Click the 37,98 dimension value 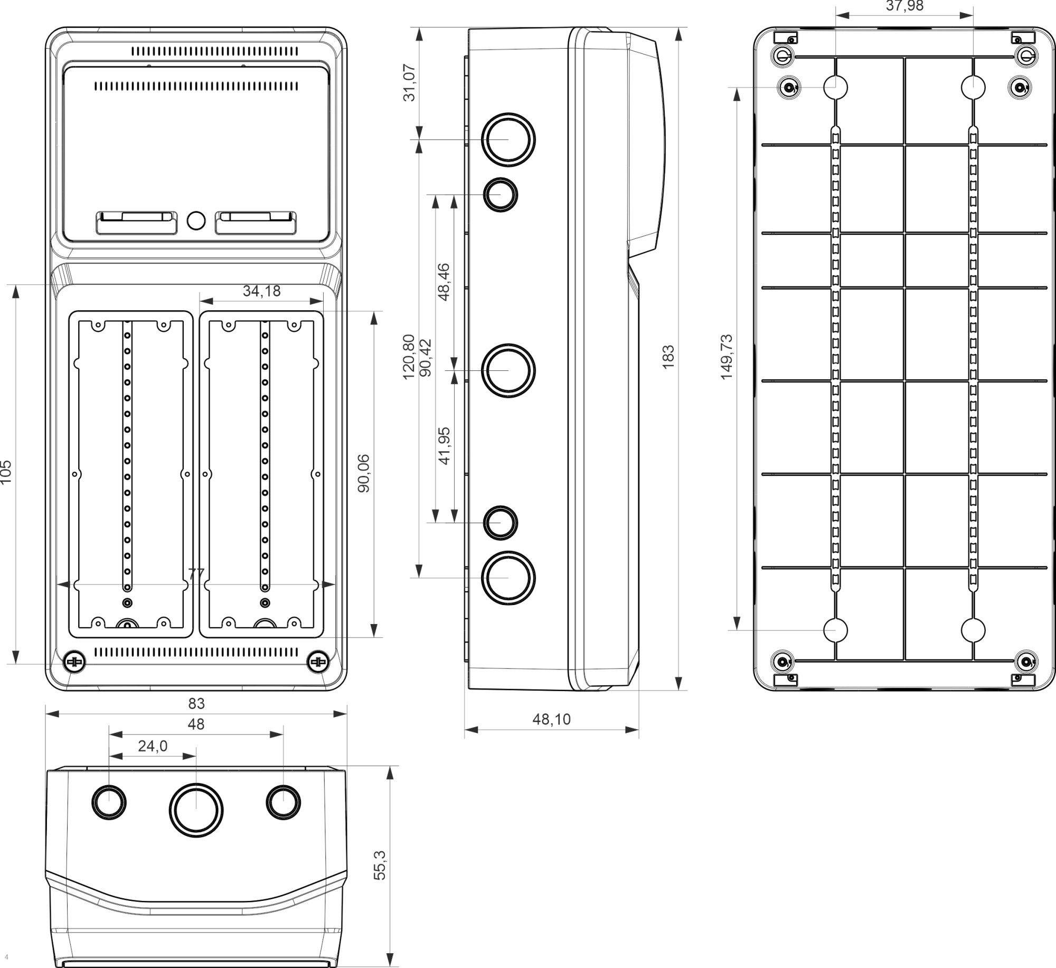pyautogui.click(x=904, y=6)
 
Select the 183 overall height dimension pyautogui.click(x=668, y=357)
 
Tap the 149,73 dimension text pyautogui.click(x=727, y=357)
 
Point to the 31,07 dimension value pyautogui.click(x=410, y=82)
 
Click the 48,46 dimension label pyautogui.click(x=444, y=282)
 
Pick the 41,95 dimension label pyautogui.click(x=444, y=446)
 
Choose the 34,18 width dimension pyautogui.click(x=261, y=291)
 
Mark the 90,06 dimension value pyautogui.click(x=364, y=473)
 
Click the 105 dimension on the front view pyautogui.click(x=6, y=472)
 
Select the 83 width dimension pyautogui.click(x=196, y=704)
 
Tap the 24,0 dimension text pyautogui.click(x=153, y=746)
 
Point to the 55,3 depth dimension pyautogui.click(x=380, y=865)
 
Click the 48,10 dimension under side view pyautogui.click(x=551, y=719)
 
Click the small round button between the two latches pyautogui.click(x=196, y=221)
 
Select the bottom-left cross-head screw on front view pyautogui.click(x=74, y=662)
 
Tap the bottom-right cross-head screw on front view pyautogui.click(x=318, y=662)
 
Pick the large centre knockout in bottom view pyautogui.click(x=196, y=810)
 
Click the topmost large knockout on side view pyautogui.click(x=508, y=139)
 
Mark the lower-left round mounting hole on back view pyautogui.click(x=835, y=630)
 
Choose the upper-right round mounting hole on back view pyautogui.click(x=973, y=87)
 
